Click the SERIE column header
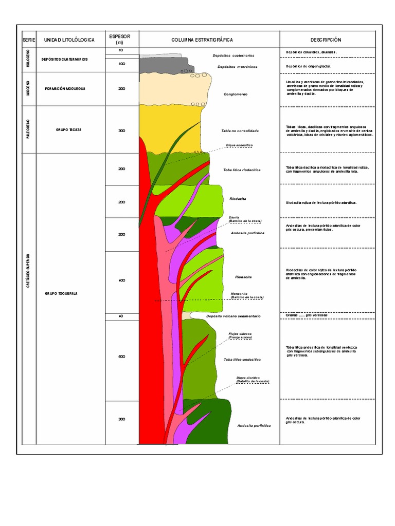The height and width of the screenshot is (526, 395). point(27,40)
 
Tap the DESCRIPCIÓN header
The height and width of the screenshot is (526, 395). point(326,40)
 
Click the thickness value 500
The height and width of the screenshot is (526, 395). point(121,356)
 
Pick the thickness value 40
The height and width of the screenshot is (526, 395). point(121,316)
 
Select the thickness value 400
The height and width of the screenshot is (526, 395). point(121,280)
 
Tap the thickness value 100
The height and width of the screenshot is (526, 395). point(121,64)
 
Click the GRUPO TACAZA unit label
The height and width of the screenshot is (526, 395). point(69,130)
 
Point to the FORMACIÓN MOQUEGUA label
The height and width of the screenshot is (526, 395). point(65,89)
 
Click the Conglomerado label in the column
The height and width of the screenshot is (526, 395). point(236,94)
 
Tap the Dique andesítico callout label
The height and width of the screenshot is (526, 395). point(239,145)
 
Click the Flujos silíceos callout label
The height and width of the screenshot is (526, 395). point(240,335)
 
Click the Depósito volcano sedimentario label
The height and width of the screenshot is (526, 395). point(233,316)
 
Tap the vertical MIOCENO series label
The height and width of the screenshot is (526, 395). point(28,89)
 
